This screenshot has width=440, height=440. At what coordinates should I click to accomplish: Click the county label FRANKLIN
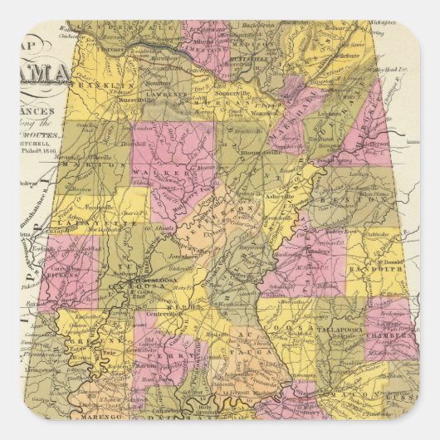click(x=93, y=86)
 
